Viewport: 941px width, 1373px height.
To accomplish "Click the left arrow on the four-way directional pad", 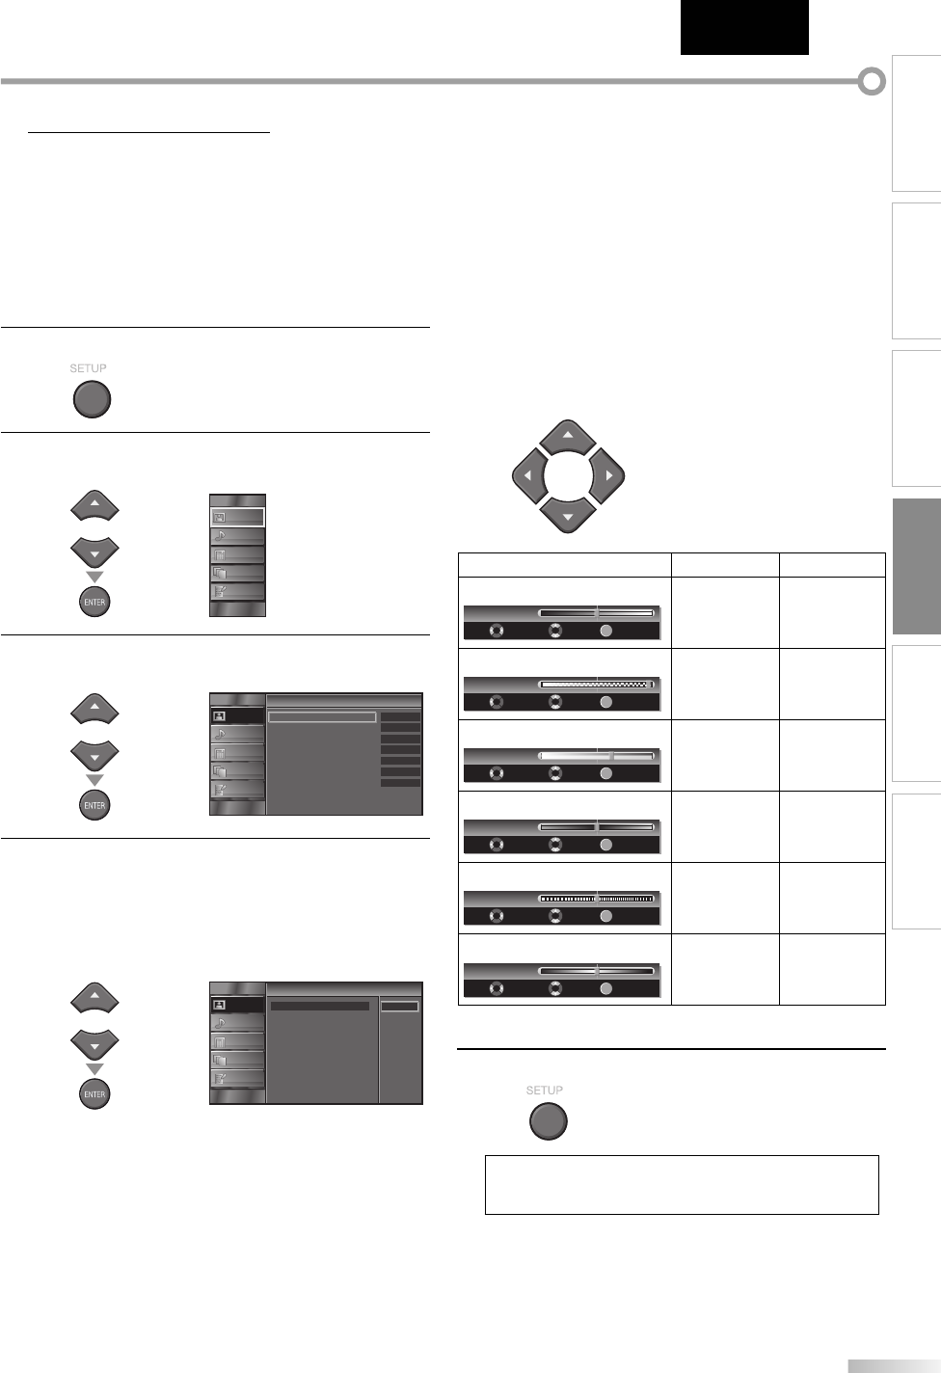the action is point(525,475).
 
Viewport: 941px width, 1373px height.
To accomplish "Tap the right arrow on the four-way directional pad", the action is point(608,475).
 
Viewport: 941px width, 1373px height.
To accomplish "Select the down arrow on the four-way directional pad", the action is point(567,517).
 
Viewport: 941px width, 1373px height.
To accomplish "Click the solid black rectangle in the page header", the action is point(743,27).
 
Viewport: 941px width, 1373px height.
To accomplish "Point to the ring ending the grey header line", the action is point(872,82).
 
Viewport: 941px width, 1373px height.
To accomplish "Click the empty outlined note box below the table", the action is point(682,1184).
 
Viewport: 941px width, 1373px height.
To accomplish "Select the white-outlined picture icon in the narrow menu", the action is point(237,516).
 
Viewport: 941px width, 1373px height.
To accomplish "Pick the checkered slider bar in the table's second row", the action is point(596,684).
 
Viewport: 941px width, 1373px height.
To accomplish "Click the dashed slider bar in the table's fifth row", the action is point(596,898).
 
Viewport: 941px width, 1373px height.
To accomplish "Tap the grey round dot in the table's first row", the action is point(605,631).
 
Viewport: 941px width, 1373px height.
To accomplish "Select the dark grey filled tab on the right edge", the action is point(916,566).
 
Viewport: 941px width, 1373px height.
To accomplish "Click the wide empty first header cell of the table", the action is point(564,565).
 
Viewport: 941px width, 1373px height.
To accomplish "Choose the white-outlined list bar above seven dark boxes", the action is point(321,717).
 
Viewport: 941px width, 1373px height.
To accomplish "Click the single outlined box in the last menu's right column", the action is point(399,1006).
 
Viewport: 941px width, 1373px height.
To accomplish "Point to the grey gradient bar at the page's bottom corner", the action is point(885,1365).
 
